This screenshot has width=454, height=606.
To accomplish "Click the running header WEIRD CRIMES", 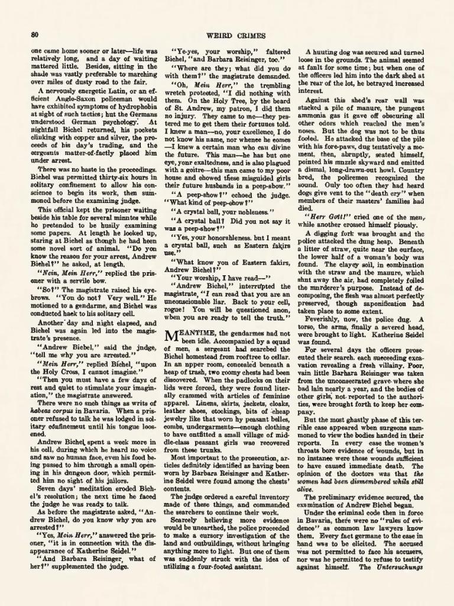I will (226, 35).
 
